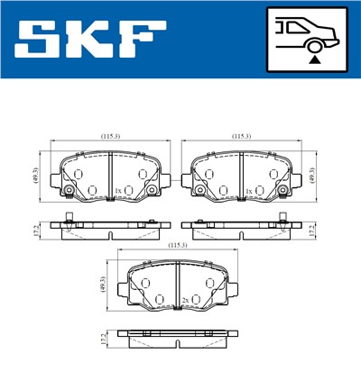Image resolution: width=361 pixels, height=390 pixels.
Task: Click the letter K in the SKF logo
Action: coord(93,39)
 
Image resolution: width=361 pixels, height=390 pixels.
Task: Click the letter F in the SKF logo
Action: coord(142,39)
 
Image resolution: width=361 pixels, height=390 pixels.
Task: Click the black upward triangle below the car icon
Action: coord(313,59)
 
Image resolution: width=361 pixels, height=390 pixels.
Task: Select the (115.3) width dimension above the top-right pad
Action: coord(241,136)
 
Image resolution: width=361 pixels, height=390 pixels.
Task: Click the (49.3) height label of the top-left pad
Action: coord(35,175)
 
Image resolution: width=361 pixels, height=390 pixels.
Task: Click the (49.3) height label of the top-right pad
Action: coord(314,175)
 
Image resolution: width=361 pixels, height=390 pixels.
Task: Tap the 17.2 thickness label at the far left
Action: coord(35,231)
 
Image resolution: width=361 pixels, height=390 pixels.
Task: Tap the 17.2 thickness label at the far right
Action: coord(314,231)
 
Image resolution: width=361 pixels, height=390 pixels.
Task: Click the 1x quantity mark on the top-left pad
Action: coord(118,191)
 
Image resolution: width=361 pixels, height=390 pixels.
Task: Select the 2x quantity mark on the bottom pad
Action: coord(185,299)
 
